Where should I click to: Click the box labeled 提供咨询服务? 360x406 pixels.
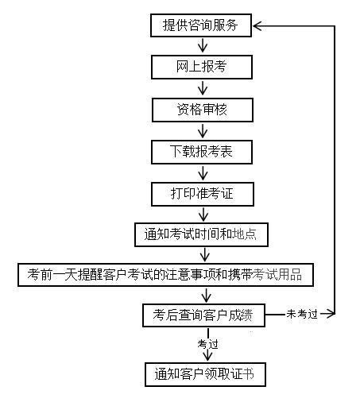(201, 25)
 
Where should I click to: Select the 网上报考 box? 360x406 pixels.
(202, 67)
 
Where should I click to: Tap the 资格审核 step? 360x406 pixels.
(203, 110)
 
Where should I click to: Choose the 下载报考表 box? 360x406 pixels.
(202, 152)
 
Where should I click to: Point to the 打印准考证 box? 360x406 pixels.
(203, 194)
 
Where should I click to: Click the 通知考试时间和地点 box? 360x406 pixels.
(201, 234)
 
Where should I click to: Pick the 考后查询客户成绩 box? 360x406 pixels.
(203, 315)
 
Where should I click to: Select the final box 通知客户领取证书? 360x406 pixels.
(205, 374)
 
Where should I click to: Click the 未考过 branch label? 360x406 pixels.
(302, 314)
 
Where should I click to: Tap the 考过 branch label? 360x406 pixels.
(207, 344)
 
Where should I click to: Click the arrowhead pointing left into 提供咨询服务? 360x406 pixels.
(257, 26)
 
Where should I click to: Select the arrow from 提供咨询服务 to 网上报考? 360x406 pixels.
(203, 45)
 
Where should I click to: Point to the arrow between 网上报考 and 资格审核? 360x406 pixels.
(203, 88)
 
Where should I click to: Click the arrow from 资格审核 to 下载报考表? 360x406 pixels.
(203, 130)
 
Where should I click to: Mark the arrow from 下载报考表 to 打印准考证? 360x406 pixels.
(203, 173)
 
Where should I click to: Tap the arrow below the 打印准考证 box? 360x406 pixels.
(203, 215)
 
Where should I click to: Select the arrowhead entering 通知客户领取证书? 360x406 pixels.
(207, 356)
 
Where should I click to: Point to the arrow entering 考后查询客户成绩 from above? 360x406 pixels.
(206, 295)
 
